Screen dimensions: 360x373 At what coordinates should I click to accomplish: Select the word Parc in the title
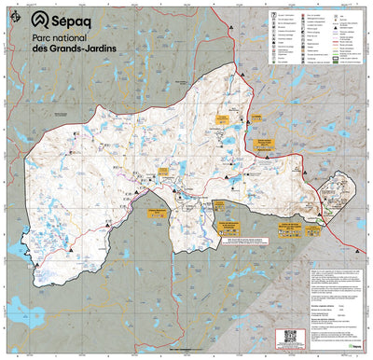click(42, 41)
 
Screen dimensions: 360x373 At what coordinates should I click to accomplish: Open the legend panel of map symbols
click(308, 42)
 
